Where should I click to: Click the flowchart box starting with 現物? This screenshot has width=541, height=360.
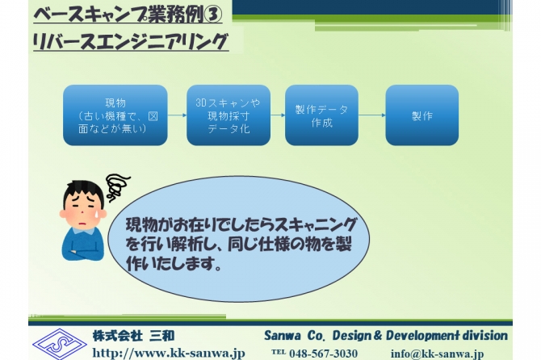[115, 115]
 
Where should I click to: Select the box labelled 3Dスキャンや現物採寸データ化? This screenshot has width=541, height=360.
[229, 115]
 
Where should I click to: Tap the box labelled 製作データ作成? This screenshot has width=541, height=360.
[321, 115]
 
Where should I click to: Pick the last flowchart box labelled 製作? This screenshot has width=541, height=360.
[422, 115]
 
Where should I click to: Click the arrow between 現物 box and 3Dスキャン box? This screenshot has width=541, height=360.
[177, 115]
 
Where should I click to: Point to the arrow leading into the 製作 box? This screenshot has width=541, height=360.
[372, 115]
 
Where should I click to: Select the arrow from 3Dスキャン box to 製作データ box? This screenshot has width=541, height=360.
[278, 115]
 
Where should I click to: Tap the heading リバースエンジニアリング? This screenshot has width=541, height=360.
[131, 41]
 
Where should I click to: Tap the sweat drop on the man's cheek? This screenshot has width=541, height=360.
[98, 215]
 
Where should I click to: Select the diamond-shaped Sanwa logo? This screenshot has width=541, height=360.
[59, 344]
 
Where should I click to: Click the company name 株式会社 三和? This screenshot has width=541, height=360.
[133, 336]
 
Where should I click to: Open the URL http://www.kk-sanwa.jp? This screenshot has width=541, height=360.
[169, 353]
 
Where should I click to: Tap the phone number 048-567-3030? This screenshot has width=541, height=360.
[323, 354]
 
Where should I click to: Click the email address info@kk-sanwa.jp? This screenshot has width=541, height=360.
[437, 354]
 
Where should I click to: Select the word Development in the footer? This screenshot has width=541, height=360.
[422, 336]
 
